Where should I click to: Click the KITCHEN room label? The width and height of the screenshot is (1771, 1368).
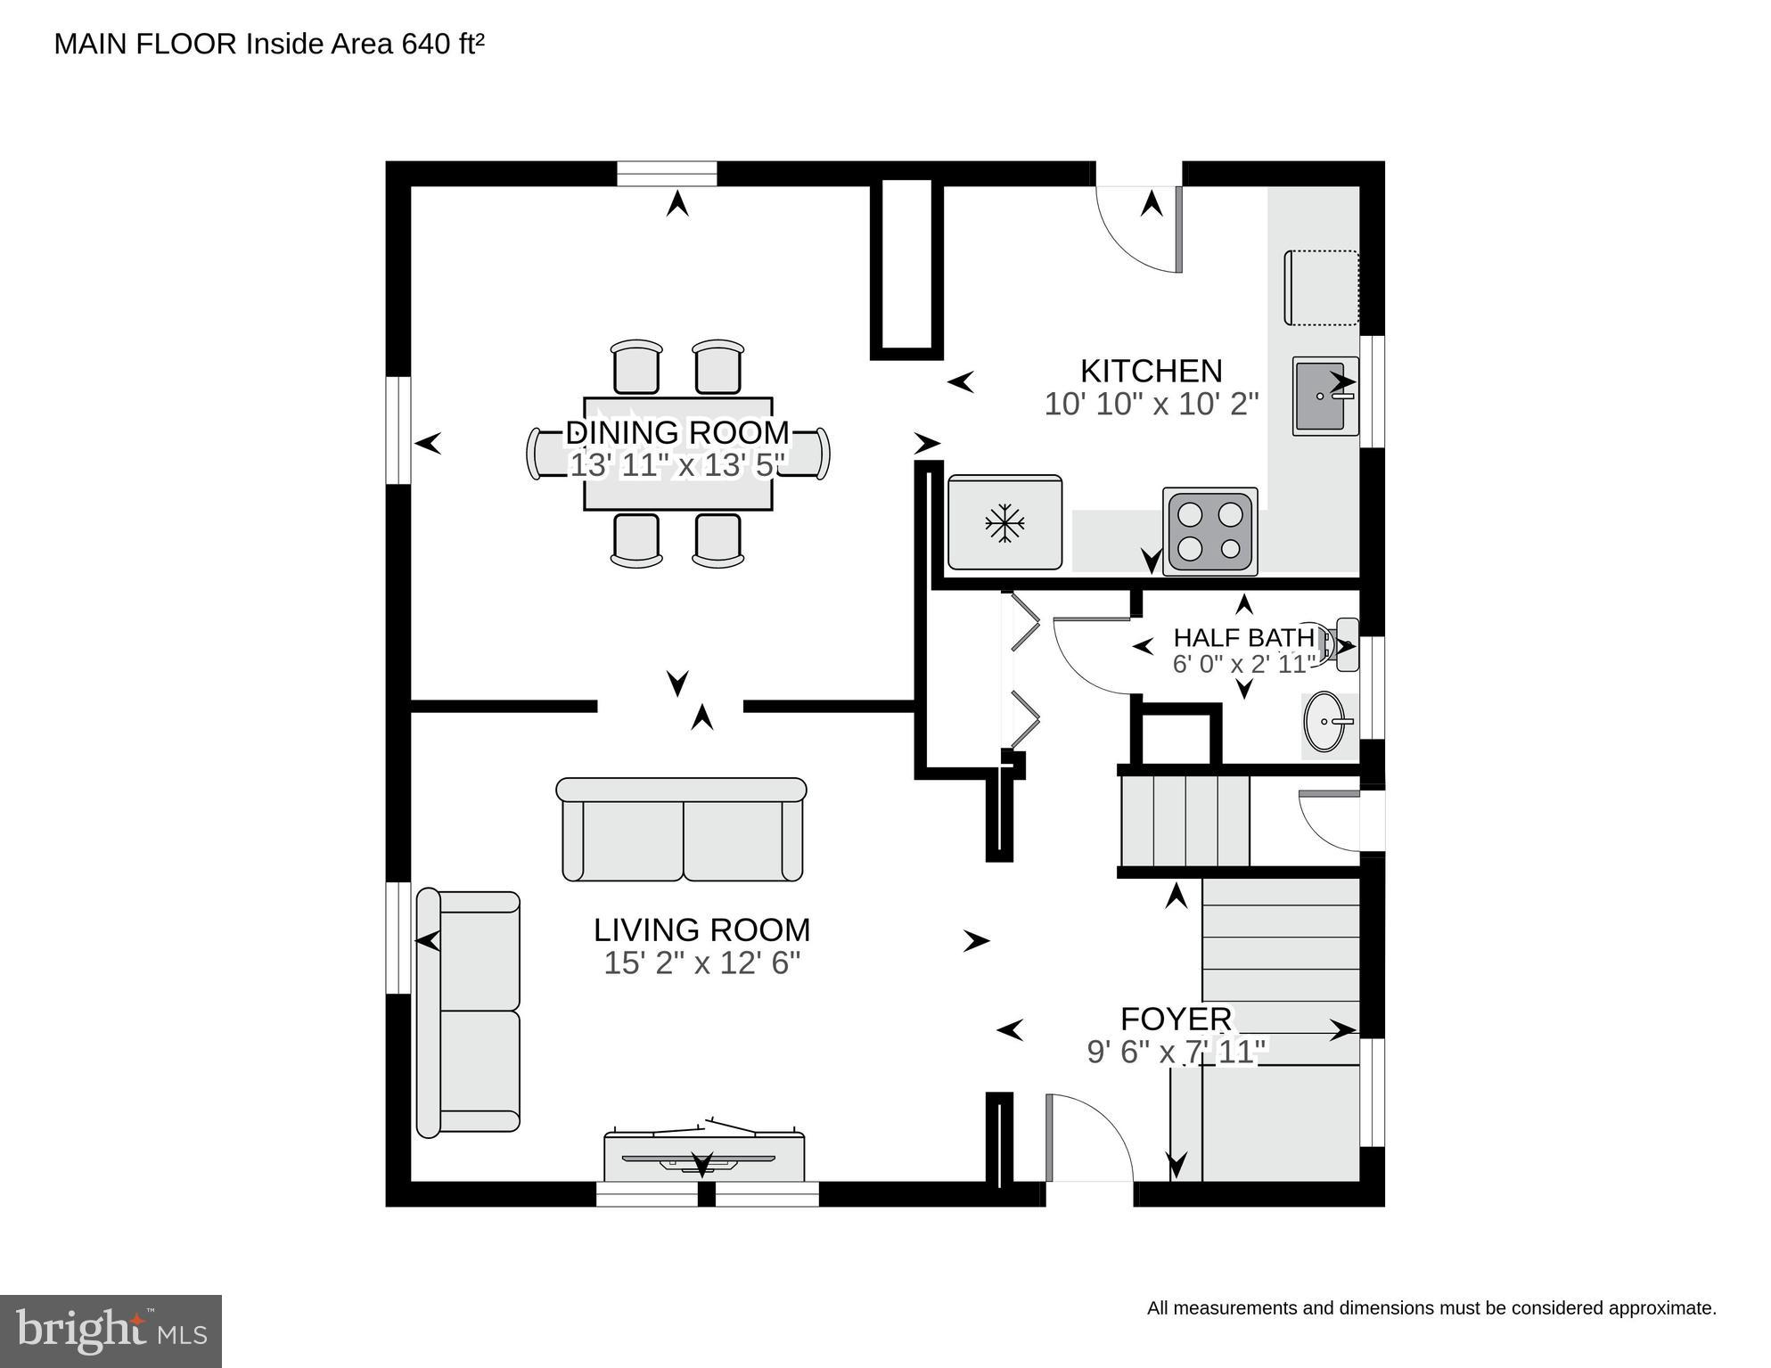tap(1151, 371)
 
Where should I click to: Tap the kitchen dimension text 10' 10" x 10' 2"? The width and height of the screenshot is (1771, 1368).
tap(1151, 405)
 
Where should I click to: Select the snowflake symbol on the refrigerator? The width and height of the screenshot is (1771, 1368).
tap(1004, 523)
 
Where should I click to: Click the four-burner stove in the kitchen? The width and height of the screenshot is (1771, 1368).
tap(1209, 530)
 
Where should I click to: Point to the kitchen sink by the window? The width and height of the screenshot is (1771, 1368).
tap(1324, 396)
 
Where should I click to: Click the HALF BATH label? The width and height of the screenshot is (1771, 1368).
tap(1243, 638)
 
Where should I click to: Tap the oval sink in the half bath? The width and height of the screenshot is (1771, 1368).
tap(1327, 721)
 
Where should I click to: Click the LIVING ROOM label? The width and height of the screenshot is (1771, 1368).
tap(701, 930)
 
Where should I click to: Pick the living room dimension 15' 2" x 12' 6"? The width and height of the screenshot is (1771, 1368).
tap(701, 963)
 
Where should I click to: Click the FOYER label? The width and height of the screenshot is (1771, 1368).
tap(1176, 1019)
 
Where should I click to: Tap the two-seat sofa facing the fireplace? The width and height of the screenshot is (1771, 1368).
tap(682, 830)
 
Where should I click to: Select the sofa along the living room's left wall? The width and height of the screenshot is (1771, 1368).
tap(469, 1012)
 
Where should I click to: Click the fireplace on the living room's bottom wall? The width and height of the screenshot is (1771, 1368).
tap(704, 1158)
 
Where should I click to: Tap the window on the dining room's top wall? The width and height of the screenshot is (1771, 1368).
tap(667, 174)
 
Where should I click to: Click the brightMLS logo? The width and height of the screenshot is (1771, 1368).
tap(111, 1331)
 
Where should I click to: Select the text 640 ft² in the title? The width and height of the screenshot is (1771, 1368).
tap(443, 44)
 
